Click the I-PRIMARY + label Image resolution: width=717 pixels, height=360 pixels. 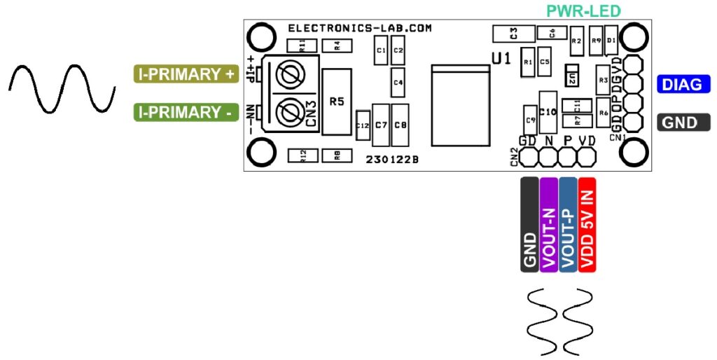tap(186, 74)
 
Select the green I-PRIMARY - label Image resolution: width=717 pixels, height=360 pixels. tap(186, 111)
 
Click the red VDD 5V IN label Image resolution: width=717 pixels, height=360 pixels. tap(587, 224)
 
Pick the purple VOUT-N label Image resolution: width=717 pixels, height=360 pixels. tap(549, 224)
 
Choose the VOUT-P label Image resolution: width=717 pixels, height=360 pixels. tap(568, 224)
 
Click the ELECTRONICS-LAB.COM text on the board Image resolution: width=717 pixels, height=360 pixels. tap(360, 29)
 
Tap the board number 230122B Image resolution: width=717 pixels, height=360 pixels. tap(392, 159)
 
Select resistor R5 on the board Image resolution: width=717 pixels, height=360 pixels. tap(337, 102)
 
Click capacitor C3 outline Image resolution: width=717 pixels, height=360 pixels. tap(513, 33)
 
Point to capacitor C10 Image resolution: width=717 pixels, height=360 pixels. tap(548, 111)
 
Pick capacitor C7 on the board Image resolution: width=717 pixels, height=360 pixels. tap(381, 124)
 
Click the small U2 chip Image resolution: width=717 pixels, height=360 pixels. tap(572, 78)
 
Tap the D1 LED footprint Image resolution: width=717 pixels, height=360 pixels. tap(611, 41)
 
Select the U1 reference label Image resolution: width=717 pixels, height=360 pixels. tap(501, 60)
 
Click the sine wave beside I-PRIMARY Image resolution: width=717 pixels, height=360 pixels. tap(62, 88)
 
